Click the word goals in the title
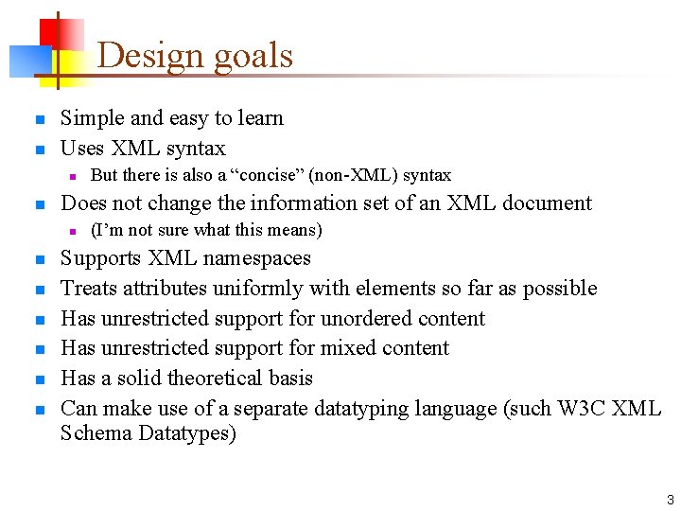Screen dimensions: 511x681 (x=248, y=57)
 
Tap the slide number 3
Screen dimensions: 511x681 (x=670, y=500)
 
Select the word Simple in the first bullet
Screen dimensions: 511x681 (x=92, y=118)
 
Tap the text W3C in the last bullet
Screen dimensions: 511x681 (x=584, y=409)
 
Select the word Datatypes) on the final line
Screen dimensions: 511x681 (x=188, y=434)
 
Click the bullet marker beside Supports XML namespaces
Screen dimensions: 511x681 (x=39, y=259)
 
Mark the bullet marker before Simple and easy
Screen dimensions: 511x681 (x=39, y=119)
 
